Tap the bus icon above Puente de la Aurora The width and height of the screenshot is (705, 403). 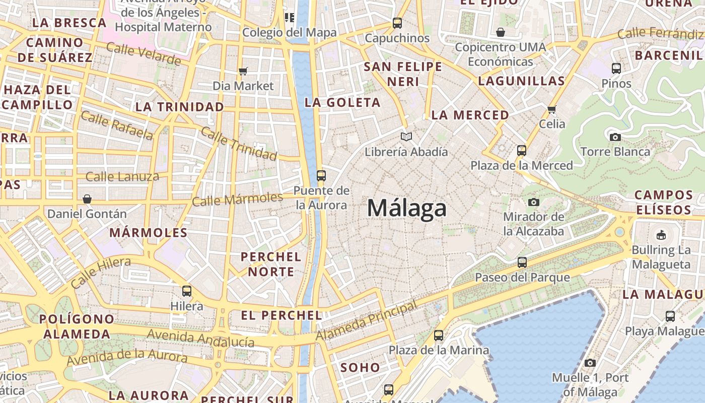[x=321, y=176]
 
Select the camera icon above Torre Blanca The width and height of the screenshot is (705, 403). [x=615, y=137]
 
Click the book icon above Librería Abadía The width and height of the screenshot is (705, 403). [x=406, y=137]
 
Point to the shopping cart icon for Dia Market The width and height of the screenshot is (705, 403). [x=243, y=71]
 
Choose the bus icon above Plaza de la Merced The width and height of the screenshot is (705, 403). [x=522, y=150]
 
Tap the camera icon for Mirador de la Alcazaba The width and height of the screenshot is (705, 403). [x=534, y=203]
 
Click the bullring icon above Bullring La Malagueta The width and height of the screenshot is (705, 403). [x=661, y=235]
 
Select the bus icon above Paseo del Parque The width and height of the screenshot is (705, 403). [x=522, y=262]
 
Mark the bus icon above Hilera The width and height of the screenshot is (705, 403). [x=187, y=291]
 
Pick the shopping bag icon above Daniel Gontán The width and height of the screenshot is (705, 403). [x=87, y=199]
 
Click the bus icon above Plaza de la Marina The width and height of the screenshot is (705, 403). [x=439, y=335]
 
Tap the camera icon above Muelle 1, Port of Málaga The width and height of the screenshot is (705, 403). [x=590, y=363]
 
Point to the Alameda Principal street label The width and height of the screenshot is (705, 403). [x=367, y=320]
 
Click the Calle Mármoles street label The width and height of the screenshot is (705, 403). [x=238, y=199]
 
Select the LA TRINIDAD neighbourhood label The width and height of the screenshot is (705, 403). [x=180, y=107]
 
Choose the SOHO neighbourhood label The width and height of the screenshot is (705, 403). [x=360, y=368]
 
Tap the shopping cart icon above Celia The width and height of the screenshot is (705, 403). [x=552, y=109]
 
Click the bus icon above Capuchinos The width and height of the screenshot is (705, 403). [x=397, y=23]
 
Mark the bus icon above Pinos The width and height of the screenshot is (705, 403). [x=616, y=69]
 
